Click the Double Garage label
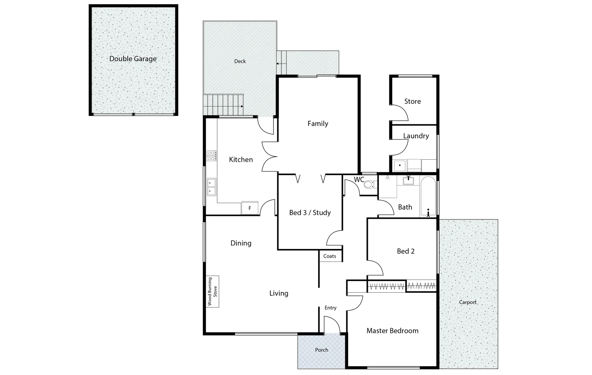coord(133,59)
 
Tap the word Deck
coord(240,61)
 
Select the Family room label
coord(318,124)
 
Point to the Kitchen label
coord(241,160)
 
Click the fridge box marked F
coord(250,208)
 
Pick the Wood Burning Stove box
coord(212,292)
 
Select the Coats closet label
coord(330,256)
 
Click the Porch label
coord(321,350)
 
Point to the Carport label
coord(467,302)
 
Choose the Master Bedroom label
coord(392,331)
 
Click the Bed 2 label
coord(406,251)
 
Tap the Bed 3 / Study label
coord(310,213)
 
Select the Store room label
coord(412,101)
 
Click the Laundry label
coord(416,136)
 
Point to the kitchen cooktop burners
coord(211,156)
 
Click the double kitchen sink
coord(211,187)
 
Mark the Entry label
coord(330,308)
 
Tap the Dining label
coord(241,243)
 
